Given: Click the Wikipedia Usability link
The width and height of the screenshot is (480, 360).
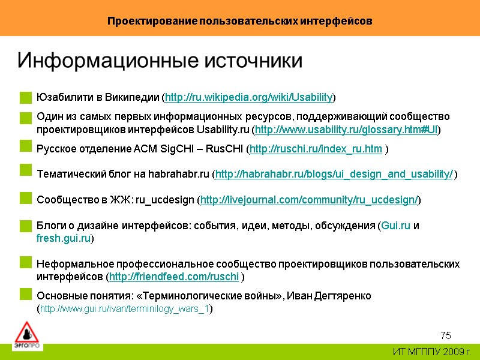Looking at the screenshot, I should pos(249,97).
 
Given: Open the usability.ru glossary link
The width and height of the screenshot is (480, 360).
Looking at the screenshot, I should pos(347,130).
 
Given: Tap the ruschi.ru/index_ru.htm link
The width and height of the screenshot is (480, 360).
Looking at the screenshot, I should pos(316,149).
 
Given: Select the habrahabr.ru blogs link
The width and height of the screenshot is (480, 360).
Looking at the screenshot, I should pos(334,175).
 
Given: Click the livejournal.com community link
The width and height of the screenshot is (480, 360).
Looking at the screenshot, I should pos(309,200).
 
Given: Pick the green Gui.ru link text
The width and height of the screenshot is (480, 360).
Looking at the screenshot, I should pos(396,226).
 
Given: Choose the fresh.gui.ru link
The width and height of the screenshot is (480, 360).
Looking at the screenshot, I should pos(64,238).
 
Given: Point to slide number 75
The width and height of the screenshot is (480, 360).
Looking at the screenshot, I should pos(445,335).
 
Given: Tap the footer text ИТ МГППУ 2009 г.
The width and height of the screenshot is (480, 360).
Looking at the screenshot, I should pos(431,352).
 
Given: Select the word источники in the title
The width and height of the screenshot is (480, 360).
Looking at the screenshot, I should pos(251,61).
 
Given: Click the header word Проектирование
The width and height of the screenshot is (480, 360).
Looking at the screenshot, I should pos(152,21).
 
